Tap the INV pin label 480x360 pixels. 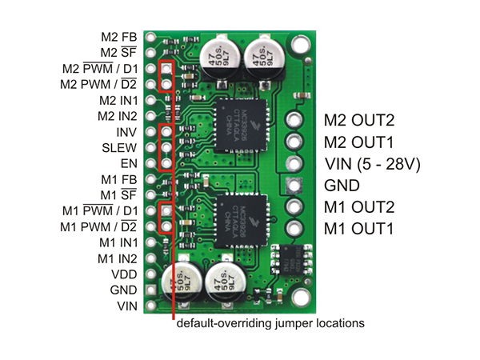126,131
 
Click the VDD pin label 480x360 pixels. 124,274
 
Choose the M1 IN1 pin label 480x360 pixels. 118,242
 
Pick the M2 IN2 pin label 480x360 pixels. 118,115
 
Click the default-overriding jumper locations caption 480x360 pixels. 270,324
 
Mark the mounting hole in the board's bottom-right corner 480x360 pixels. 300,297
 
